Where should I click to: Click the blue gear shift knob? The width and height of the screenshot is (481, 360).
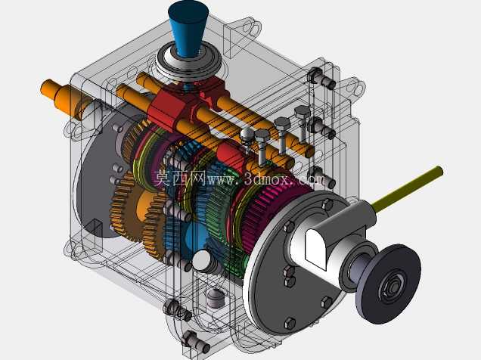188,28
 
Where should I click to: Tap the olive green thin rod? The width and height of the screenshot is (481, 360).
408,188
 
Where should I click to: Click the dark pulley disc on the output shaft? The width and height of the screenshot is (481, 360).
388,284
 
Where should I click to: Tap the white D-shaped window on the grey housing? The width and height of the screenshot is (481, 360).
316,249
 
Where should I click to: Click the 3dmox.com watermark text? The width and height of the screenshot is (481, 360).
266,178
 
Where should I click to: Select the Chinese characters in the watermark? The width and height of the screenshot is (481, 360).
180,178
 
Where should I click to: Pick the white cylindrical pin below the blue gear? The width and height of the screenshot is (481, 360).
203,261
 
